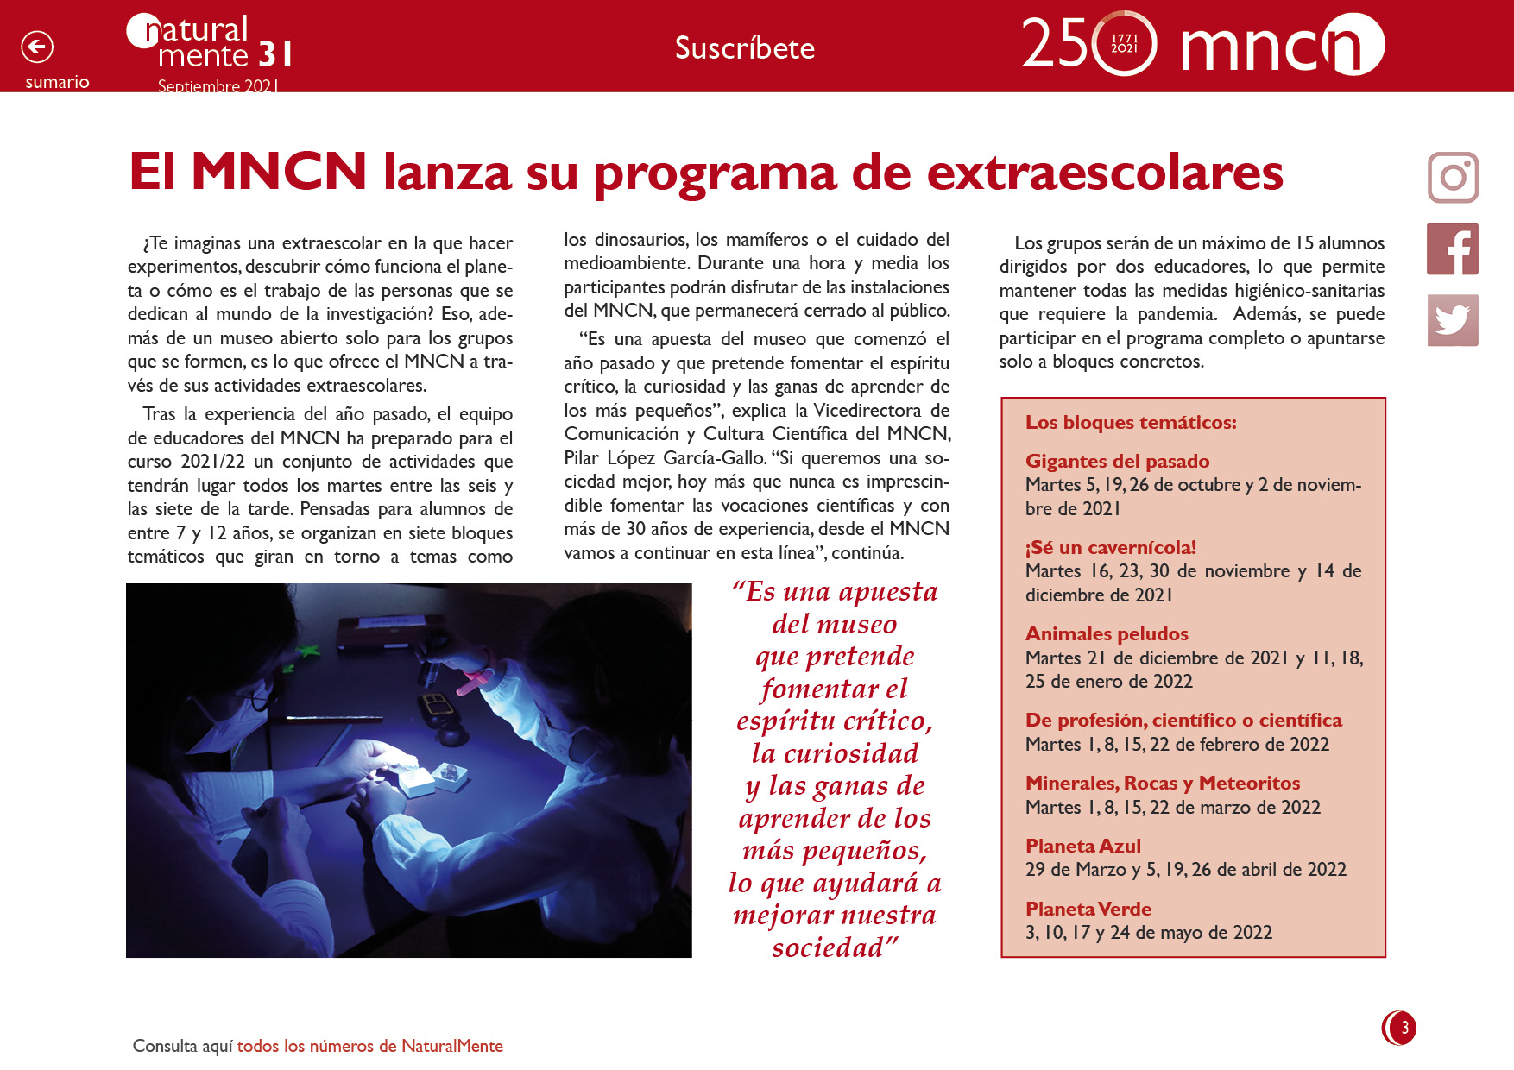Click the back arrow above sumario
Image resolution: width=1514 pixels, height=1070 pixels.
click(x=37, y=47)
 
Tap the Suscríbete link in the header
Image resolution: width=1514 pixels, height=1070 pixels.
click(x=744, y=48)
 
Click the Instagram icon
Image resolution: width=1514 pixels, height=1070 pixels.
click(x=1453, y=178)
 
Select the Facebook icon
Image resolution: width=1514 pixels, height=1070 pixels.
click(x=1453, y=249)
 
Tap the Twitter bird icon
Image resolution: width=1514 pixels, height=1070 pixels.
click(x=1453, y=320)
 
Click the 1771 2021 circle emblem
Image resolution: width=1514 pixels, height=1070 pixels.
click(x=1124, y=43)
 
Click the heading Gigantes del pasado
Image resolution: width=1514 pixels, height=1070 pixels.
click(x=1117, y=461)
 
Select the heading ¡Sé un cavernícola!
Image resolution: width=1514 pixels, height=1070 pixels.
click(x=1110, y=547)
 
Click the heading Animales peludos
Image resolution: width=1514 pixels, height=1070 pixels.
click(x=1107, y=633)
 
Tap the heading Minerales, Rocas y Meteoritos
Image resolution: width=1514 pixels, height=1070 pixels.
click(x=1162, y=783)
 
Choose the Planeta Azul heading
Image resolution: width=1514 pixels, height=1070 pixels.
click(x=1082, y=846)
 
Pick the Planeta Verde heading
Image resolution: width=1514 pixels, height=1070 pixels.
click(x=1088, y=909)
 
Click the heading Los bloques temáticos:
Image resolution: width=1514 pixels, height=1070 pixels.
click(x=1131, y=422)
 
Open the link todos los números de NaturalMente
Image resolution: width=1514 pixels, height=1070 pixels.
click(x=369, y=1046)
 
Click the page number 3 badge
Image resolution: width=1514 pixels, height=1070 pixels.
click(x=1401, y=1028)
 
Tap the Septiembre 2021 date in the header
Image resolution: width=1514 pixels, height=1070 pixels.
click(x=218, y=86)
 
